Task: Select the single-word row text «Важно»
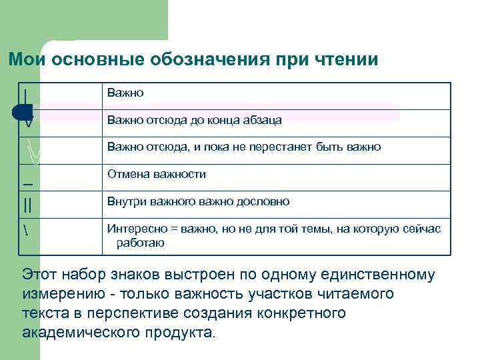pyautogui.click(x=125, y=93)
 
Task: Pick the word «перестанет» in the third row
pyautogui.click(x=298, y=147)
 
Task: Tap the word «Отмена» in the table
pyautogui.click(x=127, y=174)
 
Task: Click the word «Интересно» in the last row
pyautogui.click(x=136, y=229)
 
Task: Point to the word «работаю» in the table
pyautogui.click(x=141, y=243)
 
